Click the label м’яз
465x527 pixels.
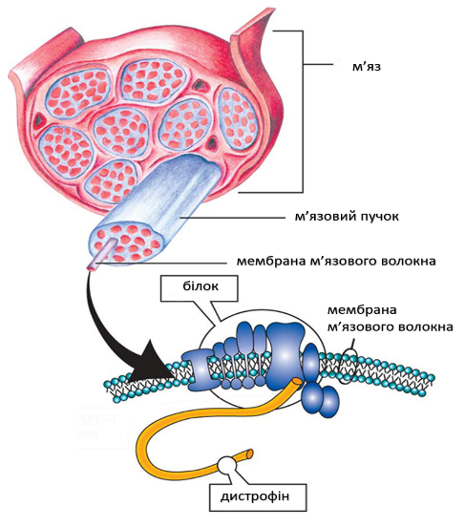[x=367, y=67]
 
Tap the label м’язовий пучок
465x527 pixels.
[x=347, y=217]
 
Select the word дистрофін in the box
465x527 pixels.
[x=255, y=496]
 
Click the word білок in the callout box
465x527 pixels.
[x=201, y=285]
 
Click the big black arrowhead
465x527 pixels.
[x=151, y=365]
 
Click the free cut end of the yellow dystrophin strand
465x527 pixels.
[x=249, y=453]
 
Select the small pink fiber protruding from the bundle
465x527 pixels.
[x=102, y=255]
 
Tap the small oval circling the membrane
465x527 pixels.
[x=349, y=367]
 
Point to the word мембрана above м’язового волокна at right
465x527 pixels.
[x=362, y=310]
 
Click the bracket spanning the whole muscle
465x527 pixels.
[x=303, y=111]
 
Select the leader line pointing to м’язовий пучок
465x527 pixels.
[x=233, y=218]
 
